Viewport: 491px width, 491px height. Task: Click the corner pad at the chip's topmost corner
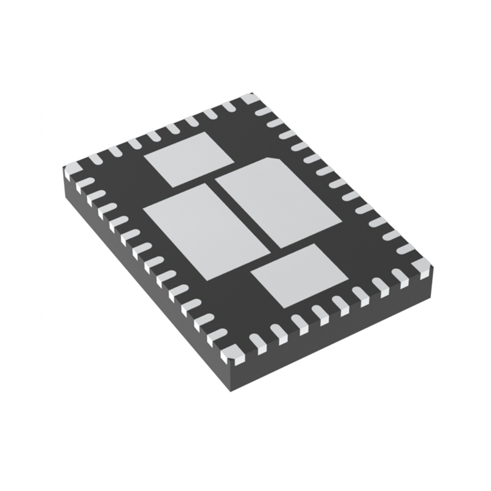click(250, 99)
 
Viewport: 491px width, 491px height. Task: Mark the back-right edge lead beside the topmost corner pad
click(264, 112)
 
